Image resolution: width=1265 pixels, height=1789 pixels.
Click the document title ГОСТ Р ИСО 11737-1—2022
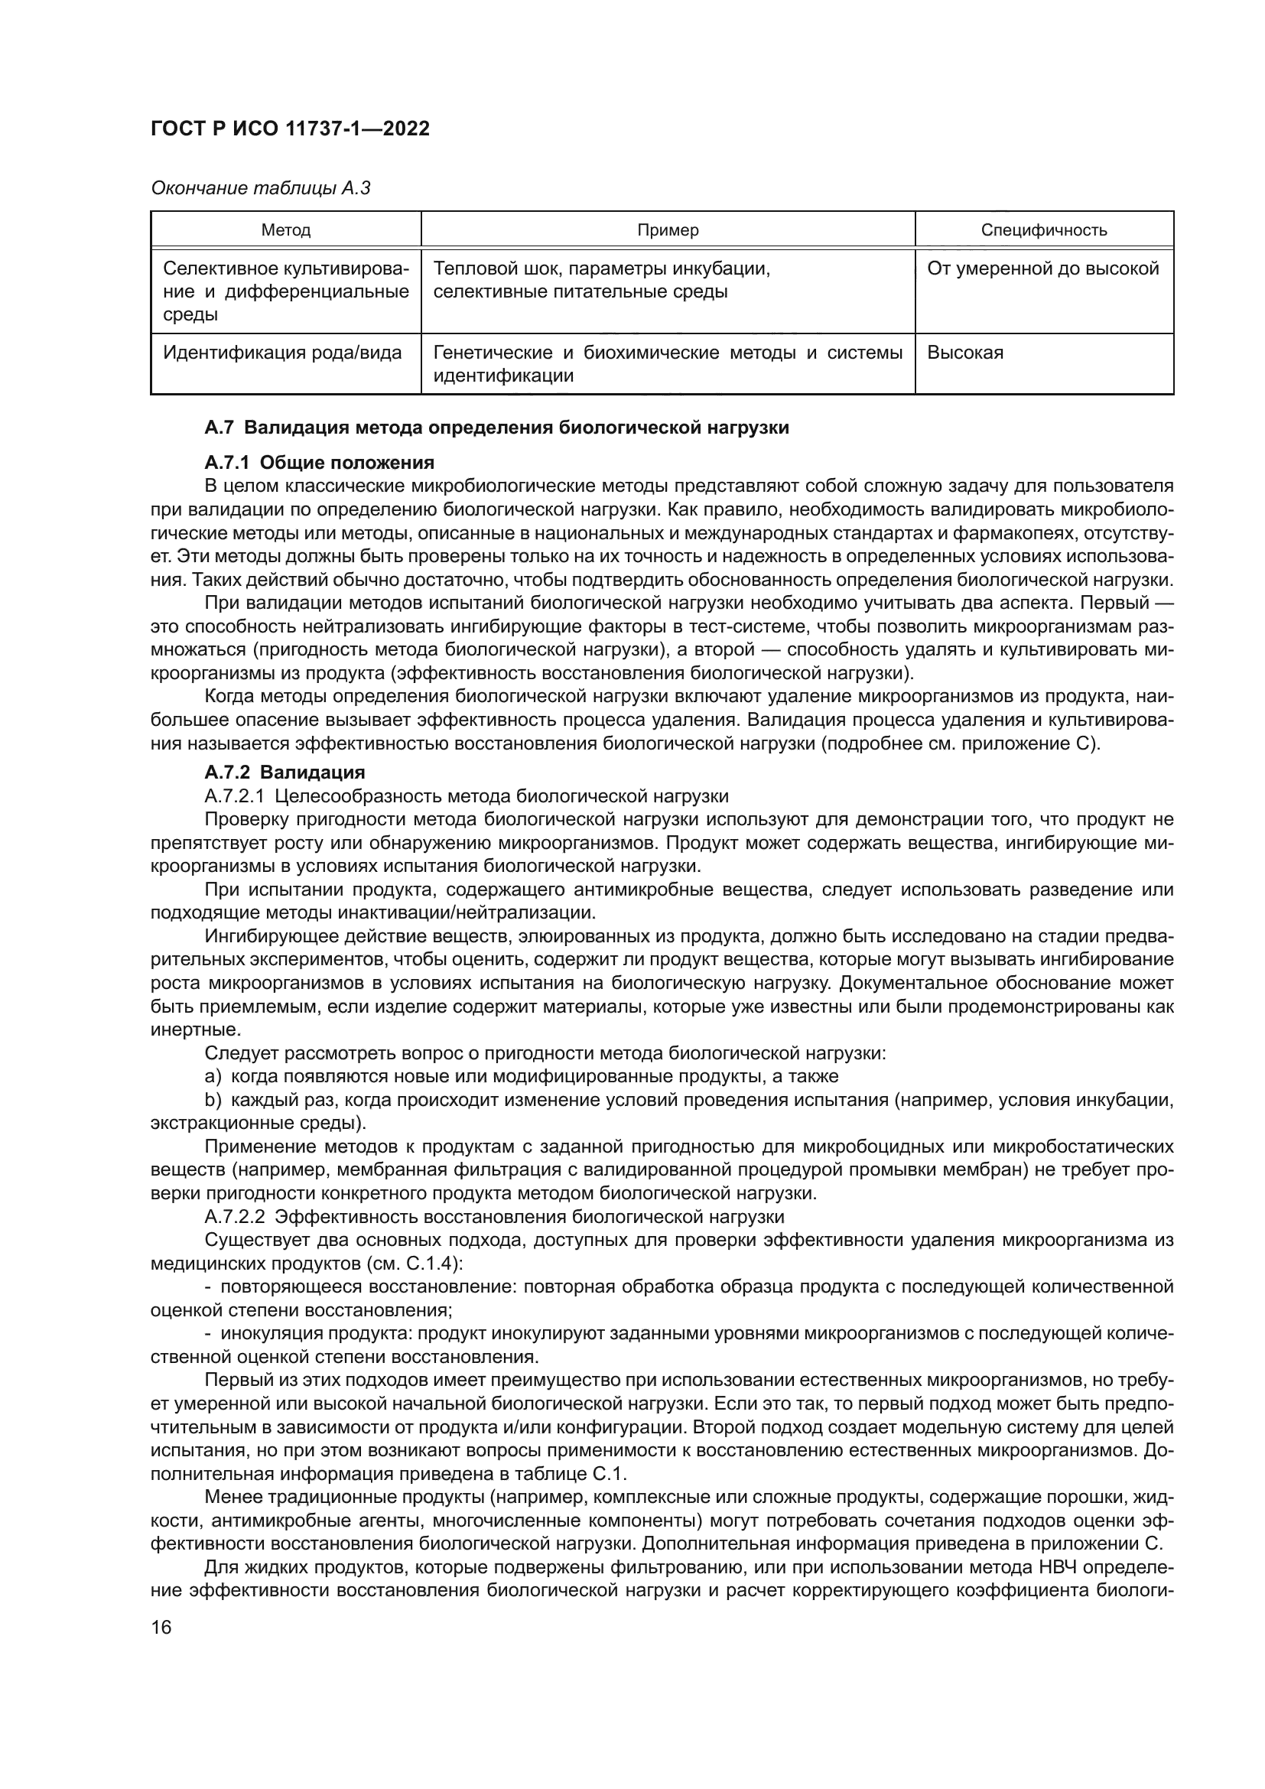coord(290,128)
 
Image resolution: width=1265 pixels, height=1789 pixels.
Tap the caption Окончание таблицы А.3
coord(260,188)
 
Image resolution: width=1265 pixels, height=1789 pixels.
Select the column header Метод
coord(286,230)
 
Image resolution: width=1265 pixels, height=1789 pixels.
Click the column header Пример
coord(668,230)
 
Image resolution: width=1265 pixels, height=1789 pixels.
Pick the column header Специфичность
coord(1044,230)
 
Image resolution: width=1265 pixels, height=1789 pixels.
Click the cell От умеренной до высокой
coord(1043,268)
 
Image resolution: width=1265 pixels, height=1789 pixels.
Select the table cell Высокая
coord(965,353)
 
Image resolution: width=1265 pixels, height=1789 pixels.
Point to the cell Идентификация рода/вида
coord(282,353)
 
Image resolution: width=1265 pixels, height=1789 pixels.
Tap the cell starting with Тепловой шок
coord(601,281)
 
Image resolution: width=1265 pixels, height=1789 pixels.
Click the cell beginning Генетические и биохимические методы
coord(668,364)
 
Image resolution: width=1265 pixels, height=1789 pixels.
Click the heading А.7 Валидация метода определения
coord(496,428)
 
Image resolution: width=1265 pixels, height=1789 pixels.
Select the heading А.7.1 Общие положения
coord(320,463)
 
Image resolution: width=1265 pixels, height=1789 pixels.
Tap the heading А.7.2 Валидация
coord(285,773)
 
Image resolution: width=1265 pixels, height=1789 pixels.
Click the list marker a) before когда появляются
coord(213,1077)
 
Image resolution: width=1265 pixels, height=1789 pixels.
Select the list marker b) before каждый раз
coord(213,1100)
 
